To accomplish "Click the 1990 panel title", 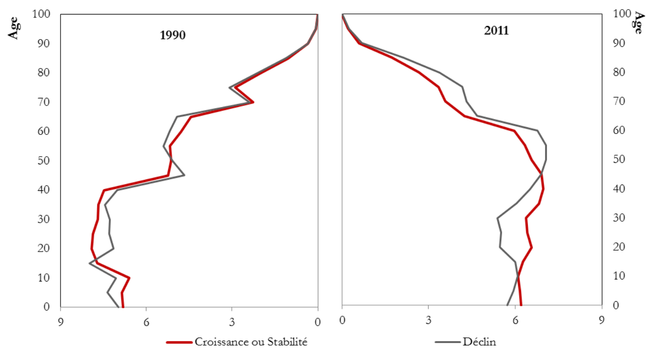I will point(172,35).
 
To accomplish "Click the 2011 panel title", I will point(496,31).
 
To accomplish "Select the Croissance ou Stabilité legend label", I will point(251,342).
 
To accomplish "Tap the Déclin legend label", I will point(479,342).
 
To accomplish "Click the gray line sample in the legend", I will point(448,343).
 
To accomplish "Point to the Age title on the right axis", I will point(638,23).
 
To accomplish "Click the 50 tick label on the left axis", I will point(44,160).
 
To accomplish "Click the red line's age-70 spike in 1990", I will point(253,102).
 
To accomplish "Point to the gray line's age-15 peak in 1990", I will point(90,263).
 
